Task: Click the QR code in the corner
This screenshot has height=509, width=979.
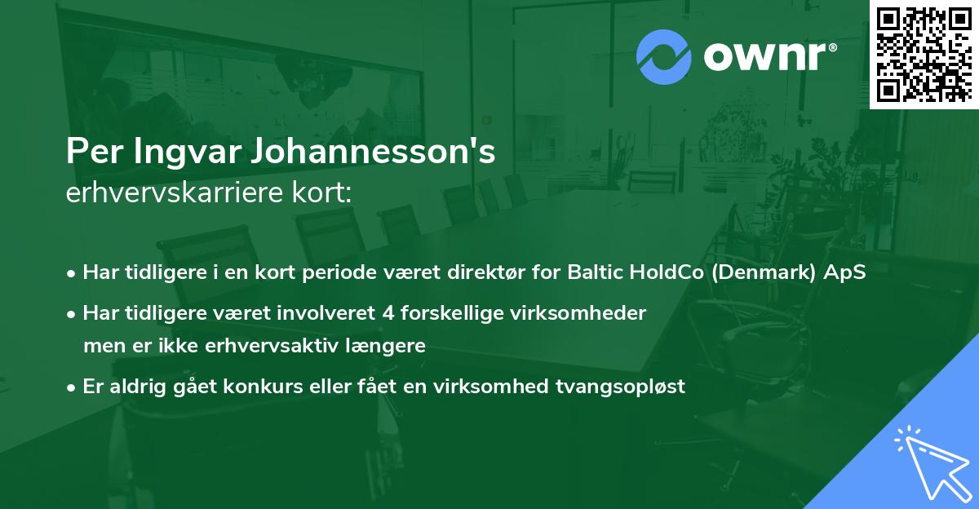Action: [x=924, y=54]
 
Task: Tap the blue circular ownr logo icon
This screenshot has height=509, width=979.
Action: [x=664, y=57]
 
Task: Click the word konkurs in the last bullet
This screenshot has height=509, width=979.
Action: [x=265, y=386]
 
